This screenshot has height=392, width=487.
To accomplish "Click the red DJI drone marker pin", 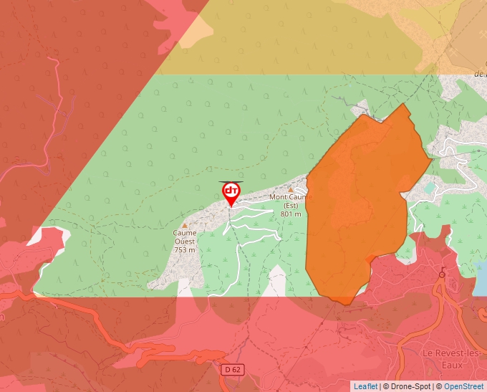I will pyautogui.click(x=231, y=192).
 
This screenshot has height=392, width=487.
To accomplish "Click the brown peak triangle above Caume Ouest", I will pyautogui.click(x=185, y=225).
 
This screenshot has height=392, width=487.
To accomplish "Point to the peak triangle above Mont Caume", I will pyautogui.click(x=291, y=189).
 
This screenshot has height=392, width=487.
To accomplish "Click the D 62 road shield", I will pyautogui.click(x=231, y=369).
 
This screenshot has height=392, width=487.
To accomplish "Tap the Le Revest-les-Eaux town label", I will pyautogui.click(x=442, y=358).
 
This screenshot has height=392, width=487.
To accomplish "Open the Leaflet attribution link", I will pyautogui.click(x=365, y=386).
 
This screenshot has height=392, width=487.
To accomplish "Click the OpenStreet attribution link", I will pyautogui.click(x=465, y=386).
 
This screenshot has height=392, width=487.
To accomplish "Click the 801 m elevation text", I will pyautogui.click(x=291, y=214).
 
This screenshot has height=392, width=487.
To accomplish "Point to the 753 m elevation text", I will pyautogui.click(x=185, y=249).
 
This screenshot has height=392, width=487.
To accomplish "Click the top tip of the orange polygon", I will pyautogui.click(x=405, y=105).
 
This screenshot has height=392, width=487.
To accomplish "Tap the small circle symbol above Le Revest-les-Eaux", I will pyautogui.click(x=442, y=273).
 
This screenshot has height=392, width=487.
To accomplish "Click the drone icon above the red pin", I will pyautogui.click(x=231, y=181).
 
